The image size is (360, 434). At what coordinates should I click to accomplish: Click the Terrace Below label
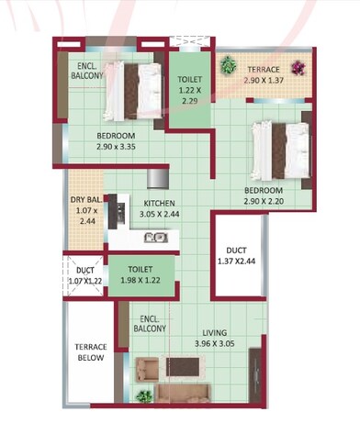(91, 352)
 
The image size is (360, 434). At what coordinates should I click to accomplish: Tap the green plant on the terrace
(228, 65)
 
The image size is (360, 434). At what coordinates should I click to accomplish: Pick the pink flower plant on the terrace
(298, 67)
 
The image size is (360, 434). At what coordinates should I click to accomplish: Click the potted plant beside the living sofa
(143, 396)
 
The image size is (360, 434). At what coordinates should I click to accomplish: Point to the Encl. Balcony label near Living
(149, 322)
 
